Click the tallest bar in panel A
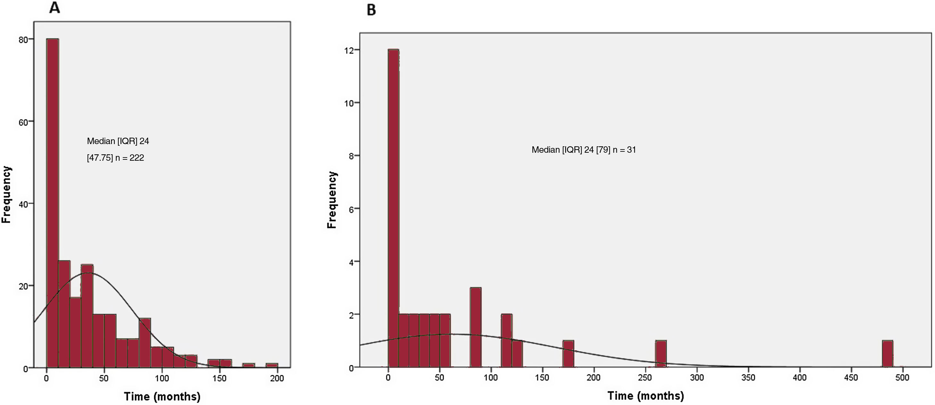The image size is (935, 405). [53, 203]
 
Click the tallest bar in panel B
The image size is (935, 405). [393, 208]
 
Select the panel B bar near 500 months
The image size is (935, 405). [888, 354]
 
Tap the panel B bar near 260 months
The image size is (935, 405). [661, 354]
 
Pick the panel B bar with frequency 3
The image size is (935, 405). [475, 328]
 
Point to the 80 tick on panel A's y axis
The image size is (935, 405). [23, 39]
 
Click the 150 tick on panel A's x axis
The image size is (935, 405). [219, 378]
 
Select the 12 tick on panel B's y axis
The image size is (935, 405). [349, 50]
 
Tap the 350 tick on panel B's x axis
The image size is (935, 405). [748, 378]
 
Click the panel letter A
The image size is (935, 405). [54, 8]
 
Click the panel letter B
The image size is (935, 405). [371, 10]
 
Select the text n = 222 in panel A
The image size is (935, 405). [129, 158]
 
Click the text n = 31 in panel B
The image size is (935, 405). [624, 150]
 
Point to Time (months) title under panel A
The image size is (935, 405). [162, 396]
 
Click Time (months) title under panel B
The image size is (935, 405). [645, 396]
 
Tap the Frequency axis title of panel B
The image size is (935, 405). [332, 200]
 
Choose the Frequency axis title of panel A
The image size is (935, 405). [6, 194]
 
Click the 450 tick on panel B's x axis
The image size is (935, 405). [851, 378]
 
